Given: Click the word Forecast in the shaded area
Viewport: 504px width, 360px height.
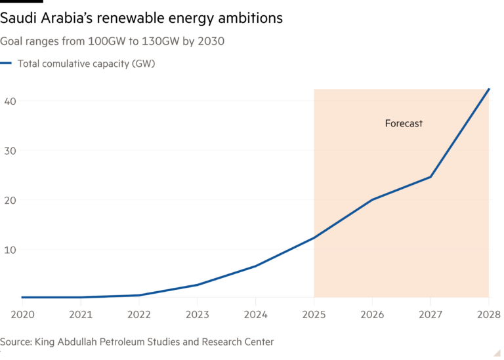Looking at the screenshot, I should pyautogui.click(x=403, y=123).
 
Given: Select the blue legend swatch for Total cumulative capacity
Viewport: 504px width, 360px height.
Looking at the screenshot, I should pyautogui.click(x=6, y=64).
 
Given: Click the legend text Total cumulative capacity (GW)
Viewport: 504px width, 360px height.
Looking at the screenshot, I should pyautogui.click(x=86, y=64).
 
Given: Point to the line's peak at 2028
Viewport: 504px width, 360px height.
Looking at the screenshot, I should pyautogui.click(x=489, y=89).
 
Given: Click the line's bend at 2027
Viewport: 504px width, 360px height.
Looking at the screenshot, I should pyautogui.click(x=430, y=176).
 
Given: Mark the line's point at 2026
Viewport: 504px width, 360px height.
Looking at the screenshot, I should pyautogui.click(x=372, y=199).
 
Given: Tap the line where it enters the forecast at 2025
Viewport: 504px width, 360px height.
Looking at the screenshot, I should pyautogui.click(x=314, y=237).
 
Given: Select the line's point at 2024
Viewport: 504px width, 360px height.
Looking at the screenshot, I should pyautogui.click(x=255, y=266).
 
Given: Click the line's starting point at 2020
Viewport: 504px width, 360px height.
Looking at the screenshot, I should pyautogui.click(x=22, y=298).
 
